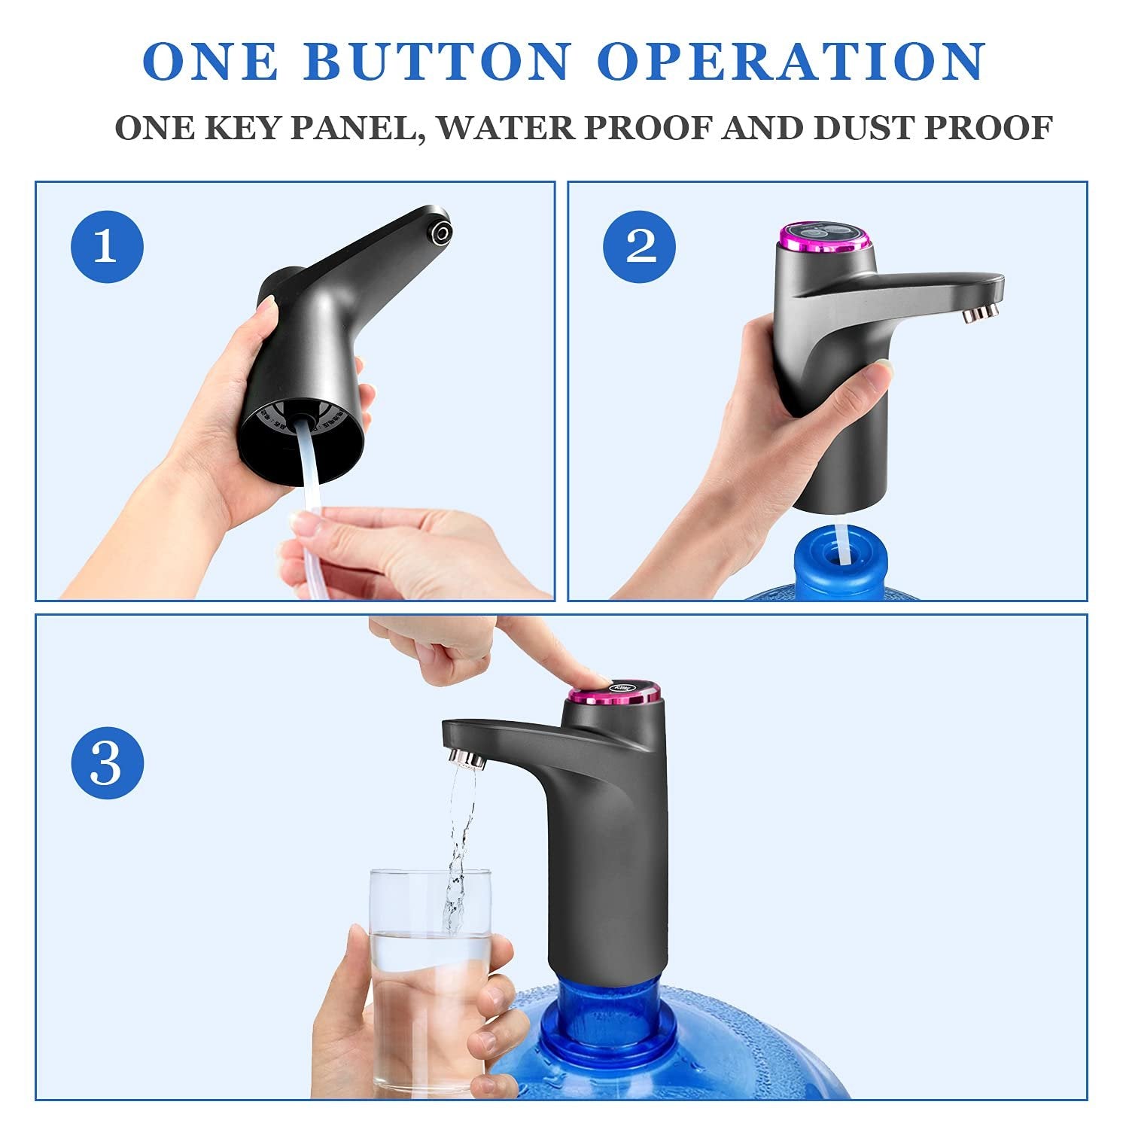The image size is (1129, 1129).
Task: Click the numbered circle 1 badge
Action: [x=108, y=246]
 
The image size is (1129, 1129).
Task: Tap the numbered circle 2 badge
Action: [x=640, y=246]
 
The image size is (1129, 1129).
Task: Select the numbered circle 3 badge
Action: [x=108, y=763]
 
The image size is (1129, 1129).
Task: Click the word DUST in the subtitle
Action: [x=863, y=128]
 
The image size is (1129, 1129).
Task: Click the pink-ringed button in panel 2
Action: [x=823, y=236]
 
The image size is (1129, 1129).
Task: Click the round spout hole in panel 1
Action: [x=439, y=232]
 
